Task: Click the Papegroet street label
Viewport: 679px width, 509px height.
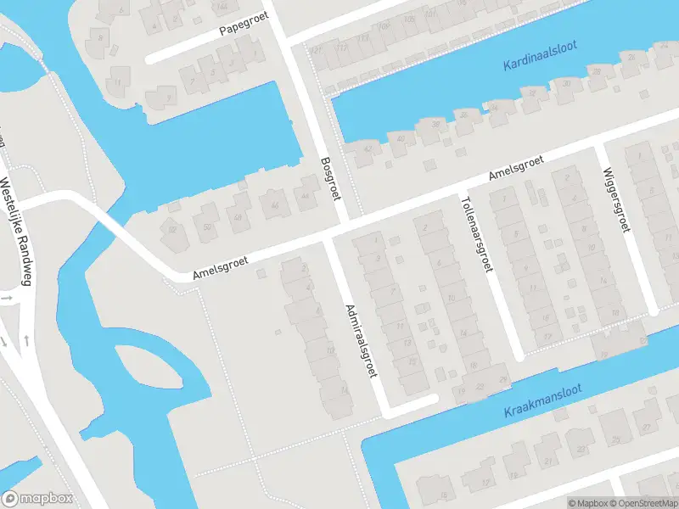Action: (x=244, y=28)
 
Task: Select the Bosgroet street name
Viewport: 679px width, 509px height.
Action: (x=330, y=178)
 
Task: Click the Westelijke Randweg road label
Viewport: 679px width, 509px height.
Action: (x=15, y=230)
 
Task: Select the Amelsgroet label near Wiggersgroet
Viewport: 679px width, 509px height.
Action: (x=515, y=170)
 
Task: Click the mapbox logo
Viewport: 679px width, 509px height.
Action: (x=37, y=499)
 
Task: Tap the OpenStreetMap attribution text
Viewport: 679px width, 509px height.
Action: (x=643, y=503)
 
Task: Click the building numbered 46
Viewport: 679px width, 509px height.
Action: (x=274, y=204)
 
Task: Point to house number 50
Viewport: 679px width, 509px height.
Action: (x=206, y=226)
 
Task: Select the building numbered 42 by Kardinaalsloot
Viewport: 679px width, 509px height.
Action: (x=367, y=149)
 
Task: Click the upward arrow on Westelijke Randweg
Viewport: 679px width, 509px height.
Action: (x=26, y=340)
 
